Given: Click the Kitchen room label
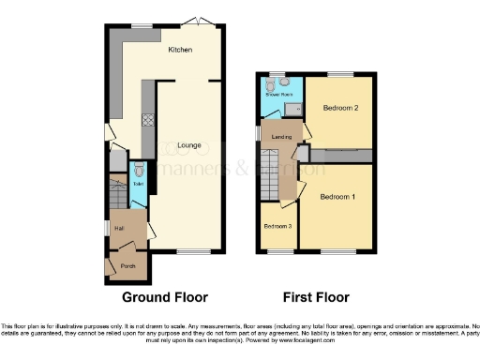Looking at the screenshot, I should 180,49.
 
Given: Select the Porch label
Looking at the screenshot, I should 127,265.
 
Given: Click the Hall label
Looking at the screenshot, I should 120,227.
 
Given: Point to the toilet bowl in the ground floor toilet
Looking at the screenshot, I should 139,171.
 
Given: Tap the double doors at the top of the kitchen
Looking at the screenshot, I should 196,20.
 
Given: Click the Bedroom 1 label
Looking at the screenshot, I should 337,197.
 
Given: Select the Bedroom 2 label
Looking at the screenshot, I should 342,108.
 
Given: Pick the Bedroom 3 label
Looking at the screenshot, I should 277,227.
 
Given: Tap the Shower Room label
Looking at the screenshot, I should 277,95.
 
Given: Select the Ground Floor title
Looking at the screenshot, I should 164,297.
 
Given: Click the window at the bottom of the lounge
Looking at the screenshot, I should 193,252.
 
